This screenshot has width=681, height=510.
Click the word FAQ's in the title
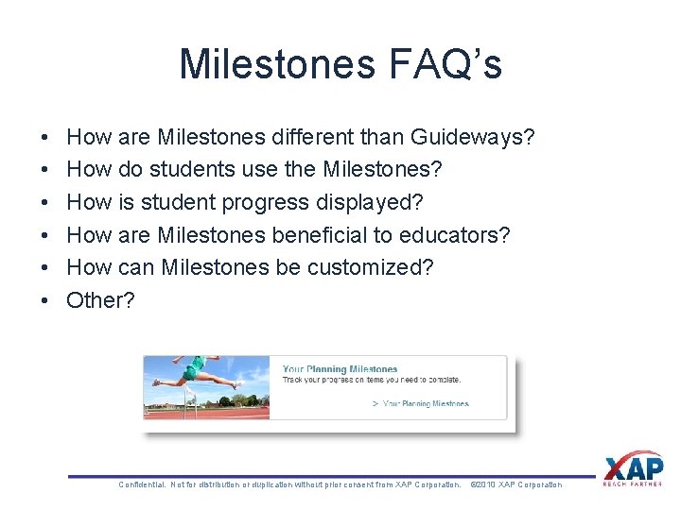click(x=442, y=64)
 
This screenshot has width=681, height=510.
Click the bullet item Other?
click(x=100, y=300)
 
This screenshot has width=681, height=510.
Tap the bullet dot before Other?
click(x=46, y=300)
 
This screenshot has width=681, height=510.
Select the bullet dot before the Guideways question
click(x=46, y=138)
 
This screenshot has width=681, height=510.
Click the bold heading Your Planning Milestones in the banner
click(x=340, y=369)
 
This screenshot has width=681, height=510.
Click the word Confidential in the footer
click(x=143, y=484)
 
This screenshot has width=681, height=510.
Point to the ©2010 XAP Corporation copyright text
click(x=515, y=484)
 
